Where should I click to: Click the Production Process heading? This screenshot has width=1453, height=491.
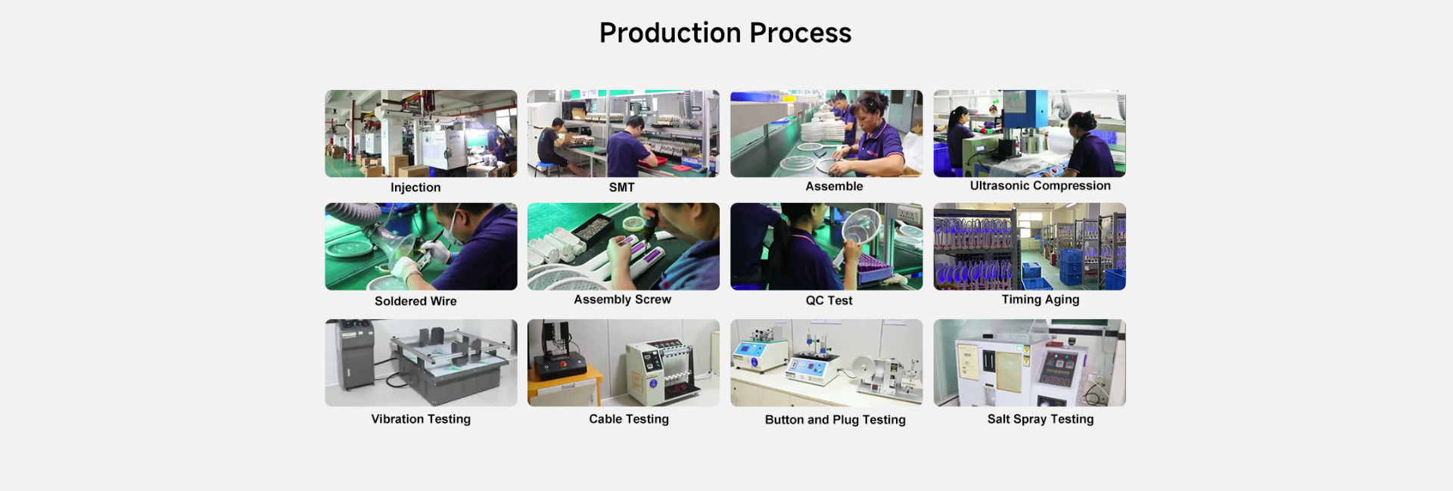(x=725, y=33)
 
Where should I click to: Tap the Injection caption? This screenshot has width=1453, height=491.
(x=415, y=188)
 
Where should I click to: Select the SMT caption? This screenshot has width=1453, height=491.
(x=622, y=188)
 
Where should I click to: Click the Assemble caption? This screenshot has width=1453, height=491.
(x=834, y=186)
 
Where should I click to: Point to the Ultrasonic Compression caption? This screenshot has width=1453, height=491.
(x=1041, y=186)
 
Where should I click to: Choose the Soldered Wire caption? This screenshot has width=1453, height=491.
(x=415, y=301)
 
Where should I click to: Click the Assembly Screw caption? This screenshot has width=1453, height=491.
(x=623, y=300)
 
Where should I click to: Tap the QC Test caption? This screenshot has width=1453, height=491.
(x=829, y=300)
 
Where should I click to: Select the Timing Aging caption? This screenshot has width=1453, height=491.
(x=1041, y=300)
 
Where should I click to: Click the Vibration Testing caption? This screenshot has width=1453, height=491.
(x=421, y=419)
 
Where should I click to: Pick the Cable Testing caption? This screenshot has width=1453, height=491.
(x=629, y=419)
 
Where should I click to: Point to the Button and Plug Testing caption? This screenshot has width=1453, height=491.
(x=835, y=420)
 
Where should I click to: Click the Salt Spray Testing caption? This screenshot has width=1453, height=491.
(x=1041, y=419)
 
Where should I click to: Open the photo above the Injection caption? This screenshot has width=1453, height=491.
(x=421, y=134)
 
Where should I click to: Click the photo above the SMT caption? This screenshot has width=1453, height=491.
(x=624, y=134)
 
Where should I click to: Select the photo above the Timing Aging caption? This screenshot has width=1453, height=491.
(x=1029, y=247)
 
